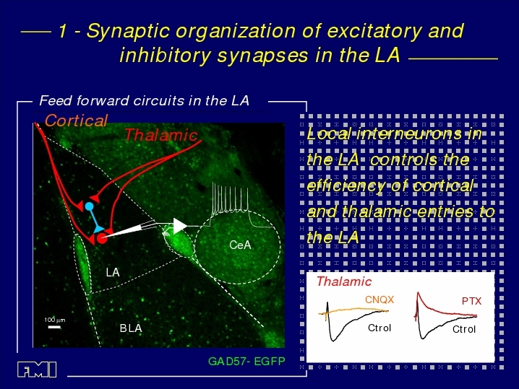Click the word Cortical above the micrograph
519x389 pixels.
pos(76,121)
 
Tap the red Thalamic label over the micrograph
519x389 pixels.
pos(161,135)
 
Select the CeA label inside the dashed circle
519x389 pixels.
pos(240,245)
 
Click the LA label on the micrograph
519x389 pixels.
pos(113,272)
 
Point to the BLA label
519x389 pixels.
pos(131,328)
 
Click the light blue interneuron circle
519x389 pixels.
pos(89,206)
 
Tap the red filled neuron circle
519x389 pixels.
pos(102,238)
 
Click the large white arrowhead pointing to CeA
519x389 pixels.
pos(180,226)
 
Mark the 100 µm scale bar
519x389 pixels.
pos(54,327)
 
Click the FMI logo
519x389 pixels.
pos(37,370)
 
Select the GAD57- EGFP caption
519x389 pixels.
pos(246,362)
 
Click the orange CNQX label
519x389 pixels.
pos(379,300)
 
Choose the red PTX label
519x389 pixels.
pos(471,301)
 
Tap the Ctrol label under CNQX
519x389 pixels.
pos(379,328)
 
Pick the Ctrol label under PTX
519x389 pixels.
pos(464,329)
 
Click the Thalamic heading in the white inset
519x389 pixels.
pos(344,281)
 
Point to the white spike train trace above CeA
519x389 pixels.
pos(230,205)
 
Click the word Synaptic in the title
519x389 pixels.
pos(128,32)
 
